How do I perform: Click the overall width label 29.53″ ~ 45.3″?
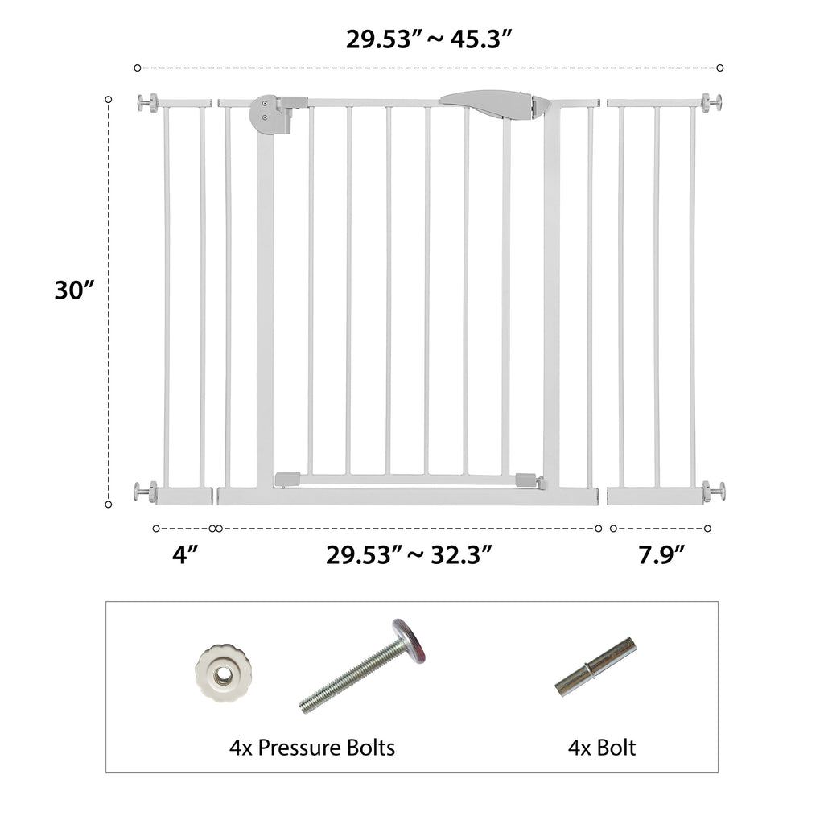click(x=428, y=39)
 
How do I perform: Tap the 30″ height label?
click(x=74, y=290)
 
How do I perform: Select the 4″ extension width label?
click(x=185, y=554)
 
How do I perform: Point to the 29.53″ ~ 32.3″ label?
click(x=409, y=554)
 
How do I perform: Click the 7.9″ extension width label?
click(x=661, y=554)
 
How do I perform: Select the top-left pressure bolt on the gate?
click(x=147, y=102)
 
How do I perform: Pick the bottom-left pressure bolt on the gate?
click(x=145, y=492)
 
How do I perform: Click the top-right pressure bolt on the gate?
click(x=711, y=102)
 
